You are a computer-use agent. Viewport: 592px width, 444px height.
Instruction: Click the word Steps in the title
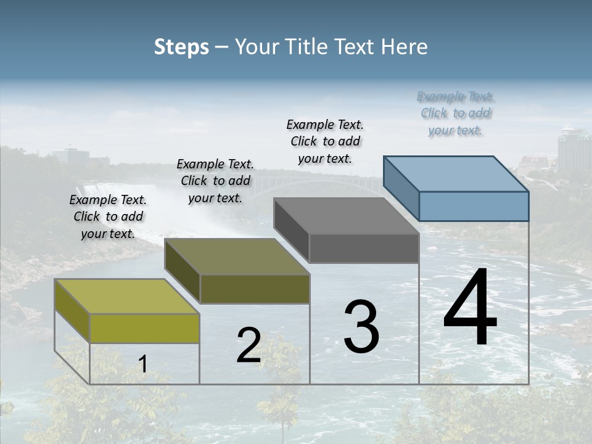(x=181, y=47)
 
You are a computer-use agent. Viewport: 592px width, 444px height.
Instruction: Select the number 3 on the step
(x=361, y=326)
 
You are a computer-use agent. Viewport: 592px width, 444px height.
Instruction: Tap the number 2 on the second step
(x=249, y=345)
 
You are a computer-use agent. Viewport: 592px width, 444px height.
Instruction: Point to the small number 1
(x=142, y=364)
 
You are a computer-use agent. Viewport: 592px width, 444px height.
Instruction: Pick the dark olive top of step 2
(x=237, y=257)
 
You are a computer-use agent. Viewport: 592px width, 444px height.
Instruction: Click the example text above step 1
(x=108, y=216)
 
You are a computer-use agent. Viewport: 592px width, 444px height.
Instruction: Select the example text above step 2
(x=215, y=181)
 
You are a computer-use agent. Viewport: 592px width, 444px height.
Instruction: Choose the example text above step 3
(x=325, y=141)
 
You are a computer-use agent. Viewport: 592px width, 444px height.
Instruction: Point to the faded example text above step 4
(x=456, y=113)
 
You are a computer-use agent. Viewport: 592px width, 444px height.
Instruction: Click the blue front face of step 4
(x=474, y=206)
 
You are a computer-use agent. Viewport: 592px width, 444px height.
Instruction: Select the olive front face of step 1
(x=144, y=328)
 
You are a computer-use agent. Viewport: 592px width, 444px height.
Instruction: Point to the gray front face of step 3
(x=364, y=248)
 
